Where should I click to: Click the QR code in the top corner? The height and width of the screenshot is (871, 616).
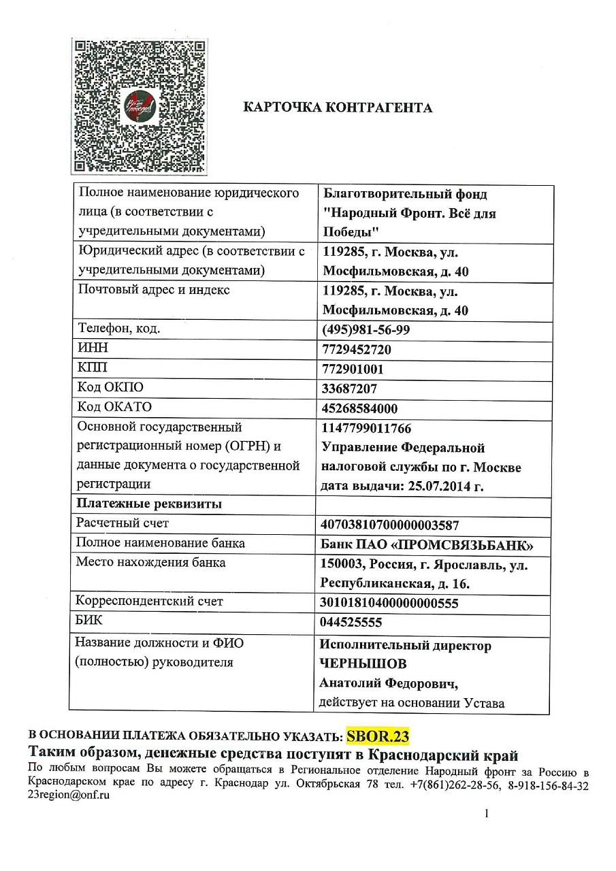140,106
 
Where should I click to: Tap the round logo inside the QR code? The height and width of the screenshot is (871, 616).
141,107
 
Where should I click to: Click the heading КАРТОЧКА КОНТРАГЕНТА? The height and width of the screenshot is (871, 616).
338,108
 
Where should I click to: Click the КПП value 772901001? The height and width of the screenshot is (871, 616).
353,369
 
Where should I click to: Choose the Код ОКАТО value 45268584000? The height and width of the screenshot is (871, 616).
359,408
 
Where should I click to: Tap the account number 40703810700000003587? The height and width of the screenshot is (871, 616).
390,525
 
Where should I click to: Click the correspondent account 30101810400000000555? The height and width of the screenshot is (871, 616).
389,604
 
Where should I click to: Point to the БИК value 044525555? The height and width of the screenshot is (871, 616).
351,623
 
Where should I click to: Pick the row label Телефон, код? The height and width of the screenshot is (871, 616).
119,329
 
